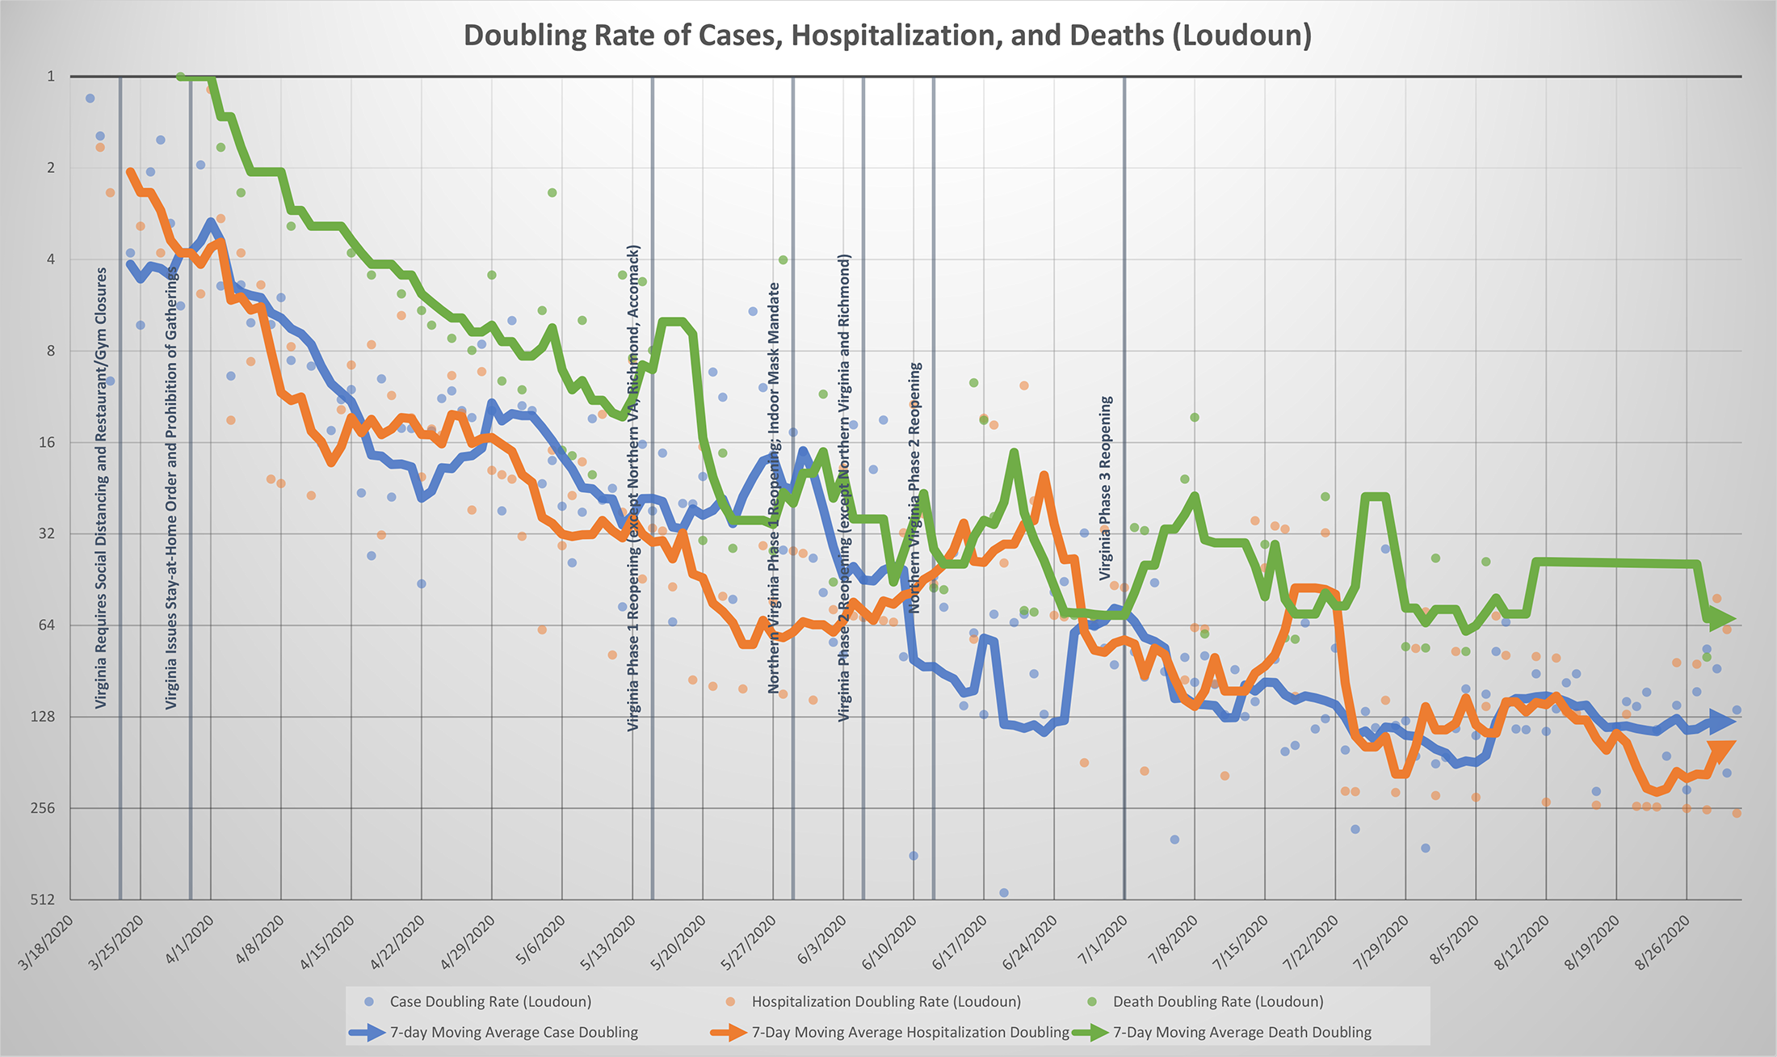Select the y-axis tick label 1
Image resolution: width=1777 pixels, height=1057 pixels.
pyautogui.click(x=51, y=77)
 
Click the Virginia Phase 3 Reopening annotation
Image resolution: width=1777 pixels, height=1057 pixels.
pyautogui.click(x=1106, y=488)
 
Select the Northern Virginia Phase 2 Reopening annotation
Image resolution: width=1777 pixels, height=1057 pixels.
pyautogui.click(x=915, y=487)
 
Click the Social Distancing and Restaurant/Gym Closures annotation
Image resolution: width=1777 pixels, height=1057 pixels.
pyautogui.click(x=101, y=489)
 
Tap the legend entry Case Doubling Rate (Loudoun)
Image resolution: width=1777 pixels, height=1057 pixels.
pyautogui.click(x=489, y=1002)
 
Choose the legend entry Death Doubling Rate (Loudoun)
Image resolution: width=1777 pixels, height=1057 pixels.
pyautogui.click(x=1217, y=1002)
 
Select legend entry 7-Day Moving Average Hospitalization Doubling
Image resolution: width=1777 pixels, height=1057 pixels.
pyautogui.click(x=910, y=1033)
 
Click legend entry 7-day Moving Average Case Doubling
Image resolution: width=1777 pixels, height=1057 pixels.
pyautogui.click(x=513, y=1033)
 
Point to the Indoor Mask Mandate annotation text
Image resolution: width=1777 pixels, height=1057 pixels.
pyautogui.click(x=775, y=488)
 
